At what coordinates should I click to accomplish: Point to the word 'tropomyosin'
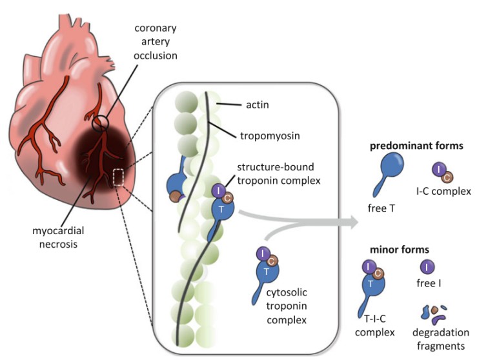click(261, 136)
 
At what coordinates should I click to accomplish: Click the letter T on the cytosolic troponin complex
click(263, 272)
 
